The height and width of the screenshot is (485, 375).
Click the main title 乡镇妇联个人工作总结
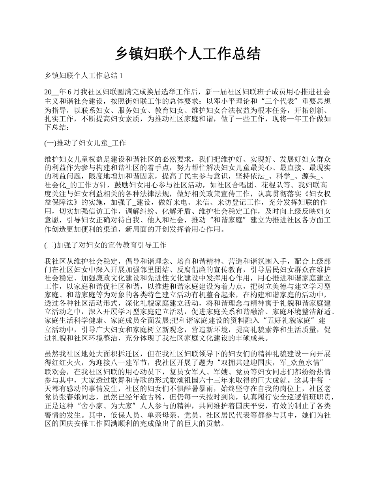pos(187,54)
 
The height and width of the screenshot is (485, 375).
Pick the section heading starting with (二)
pos(105,245)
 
